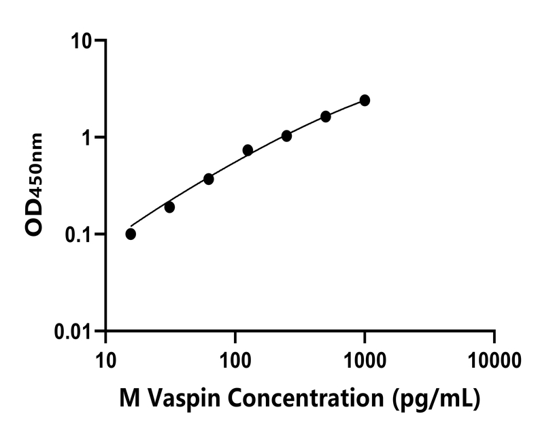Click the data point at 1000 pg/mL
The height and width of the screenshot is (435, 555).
click(x=365, y=101)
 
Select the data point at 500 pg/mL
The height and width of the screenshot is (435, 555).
click(x=326, y=117)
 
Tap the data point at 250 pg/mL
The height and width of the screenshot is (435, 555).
click(x=286, y=136)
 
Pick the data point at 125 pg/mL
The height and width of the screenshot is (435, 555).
click(x=248, y=150)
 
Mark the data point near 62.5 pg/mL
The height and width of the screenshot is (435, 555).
click(x=209, y=179)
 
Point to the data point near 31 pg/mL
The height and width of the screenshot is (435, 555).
click(x=169, y=207)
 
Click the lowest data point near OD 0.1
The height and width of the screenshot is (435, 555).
click(x=131, y=234)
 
